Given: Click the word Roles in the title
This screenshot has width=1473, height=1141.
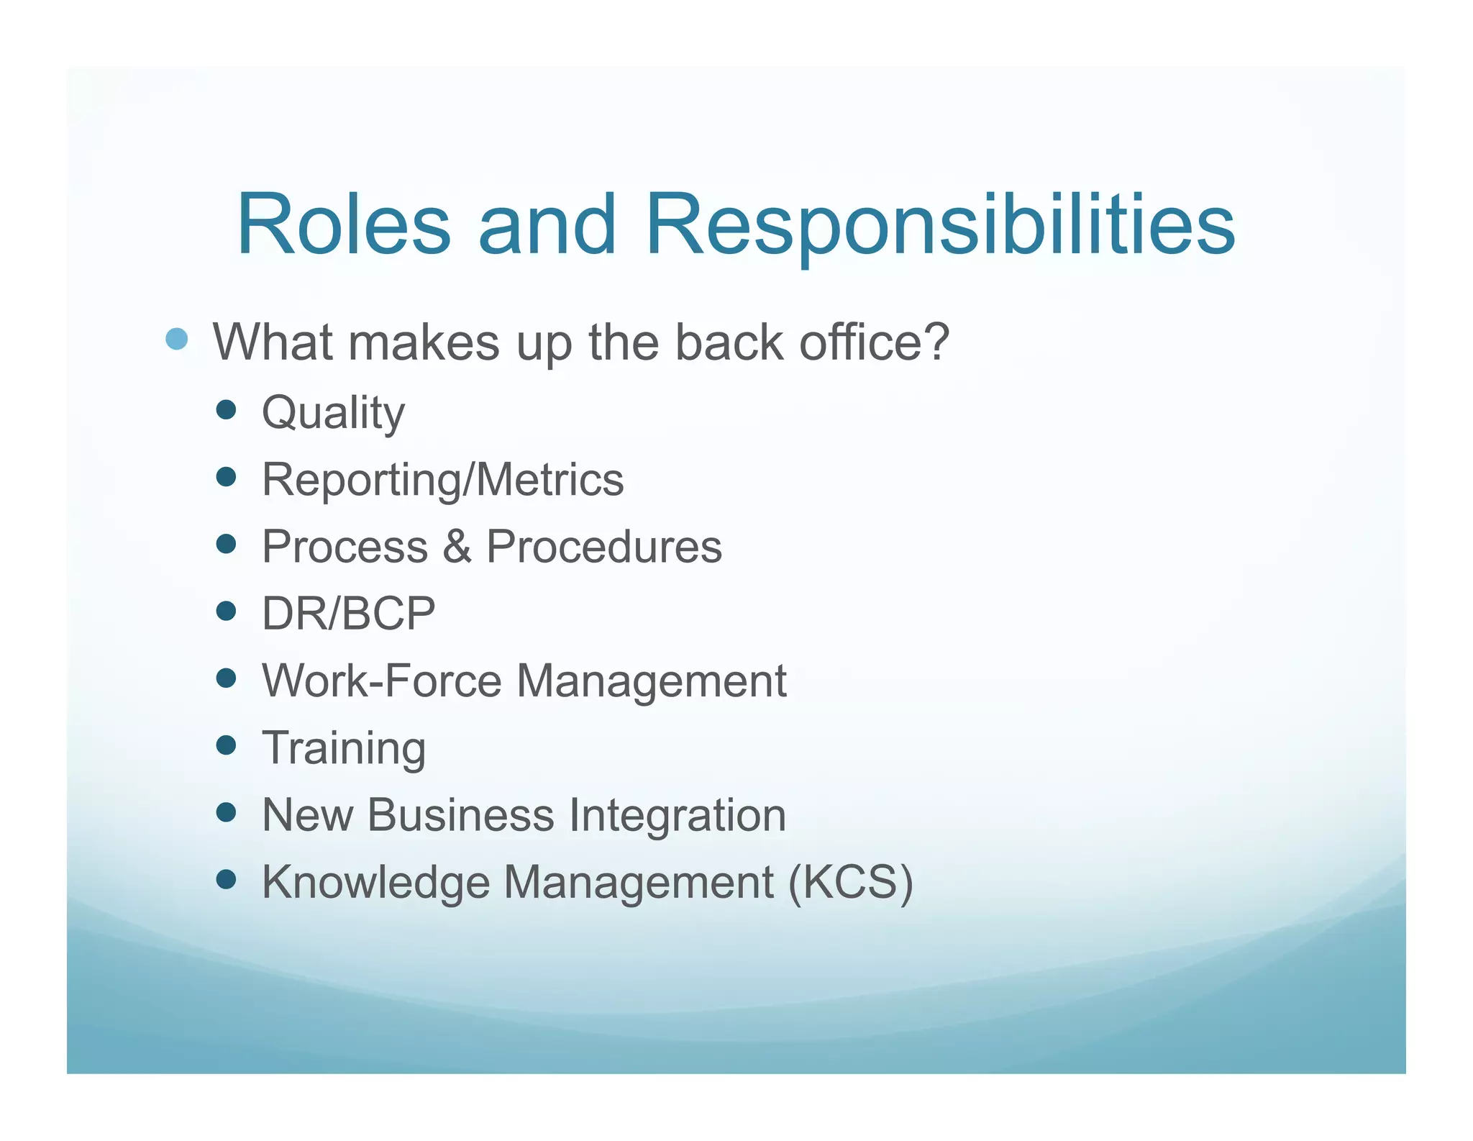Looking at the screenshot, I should point(344,224).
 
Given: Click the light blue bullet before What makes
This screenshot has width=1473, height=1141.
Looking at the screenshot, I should point(176,339).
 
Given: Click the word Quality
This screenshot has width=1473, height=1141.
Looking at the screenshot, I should point(333,413).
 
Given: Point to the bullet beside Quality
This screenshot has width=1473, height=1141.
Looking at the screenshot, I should point(226,410).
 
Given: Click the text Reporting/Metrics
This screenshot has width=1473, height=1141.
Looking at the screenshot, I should point(442,480).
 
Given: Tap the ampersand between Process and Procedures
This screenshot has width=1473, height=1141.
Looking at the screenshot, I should point(457,547).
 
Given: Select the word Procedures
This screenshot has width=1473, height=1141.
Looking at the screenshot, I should point(603,547).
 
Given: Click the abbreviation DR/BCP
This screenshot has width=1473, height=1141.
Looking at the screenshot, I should point(348,614).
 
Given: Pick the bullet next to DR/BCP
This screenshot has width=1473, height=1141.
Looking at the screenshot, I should point(226,612).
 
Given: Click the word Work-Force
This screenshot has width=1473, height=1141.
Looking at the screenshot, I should point(381,681).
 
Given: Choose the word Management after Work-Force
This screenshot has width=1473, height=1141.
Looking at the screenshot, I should point(651,682).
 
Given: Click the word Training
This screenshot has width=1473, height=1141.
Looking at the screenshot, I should point(344,749).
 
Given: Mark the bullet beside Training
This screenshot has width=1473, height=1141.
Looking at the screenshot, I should point(226,745).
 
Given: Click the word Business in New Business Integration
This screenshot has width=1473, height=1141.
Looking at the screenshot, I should point(460,815).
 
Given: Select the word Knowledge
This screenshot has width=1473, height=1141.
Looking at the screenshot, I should point(375,882).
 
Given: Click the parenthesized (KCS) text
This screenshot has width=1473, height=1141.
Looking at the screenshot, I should point(850,882).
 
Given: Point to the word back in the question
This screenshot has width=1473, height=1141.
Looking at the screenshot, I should point(728,342).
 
